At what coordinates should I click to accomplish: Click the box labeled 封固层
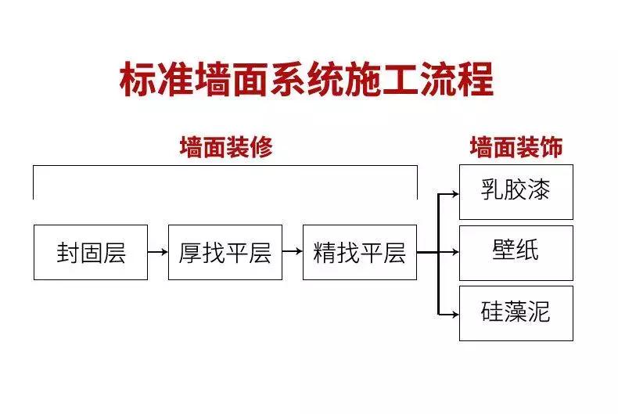[91, 252]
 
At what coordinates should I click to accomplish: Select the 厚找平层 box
[225, 252]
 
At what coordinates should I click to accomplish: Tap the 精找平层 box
[360, 252]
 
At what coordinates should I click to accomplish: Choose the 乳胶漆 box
[516, 192]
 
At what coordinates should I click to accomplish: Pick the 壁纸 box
[516, 252]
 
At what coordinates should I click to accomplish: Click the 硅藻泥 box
[516, 313]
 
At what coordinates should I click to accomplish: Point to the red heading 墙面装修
[225, 147]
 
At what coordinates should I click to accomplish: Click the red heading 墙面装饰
[516, 147]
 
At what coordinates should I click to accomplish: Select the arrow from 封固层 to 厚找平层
[158, 252]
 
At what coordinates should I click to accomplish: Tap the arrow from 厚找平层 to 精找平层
[293, 252]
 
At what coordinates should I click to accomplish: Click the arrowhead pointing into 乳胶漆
[455, 192]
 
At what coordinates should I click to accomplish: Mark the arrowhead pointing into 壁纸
[455, 252]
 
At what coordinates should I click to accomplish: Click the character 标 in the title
[137, 81]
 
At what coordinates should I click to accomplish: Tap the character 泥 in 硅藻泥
[539, 313]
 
